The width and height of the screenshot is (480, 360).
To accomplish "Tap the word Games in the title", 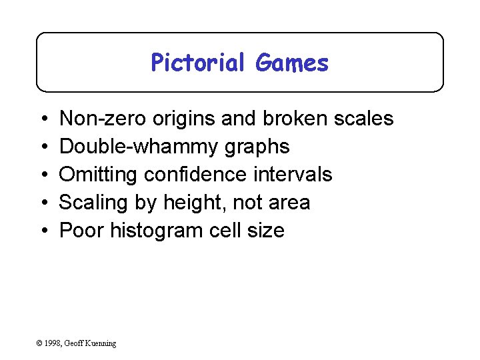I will [292, 63].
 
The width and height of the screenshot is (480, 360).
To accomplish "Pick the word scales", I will [365, 119].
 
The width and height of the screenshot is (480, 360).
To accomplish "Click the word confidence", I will [195, 175].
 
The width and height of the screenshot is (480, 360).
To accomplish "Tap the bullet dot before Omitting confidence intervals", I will [43, 175].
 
